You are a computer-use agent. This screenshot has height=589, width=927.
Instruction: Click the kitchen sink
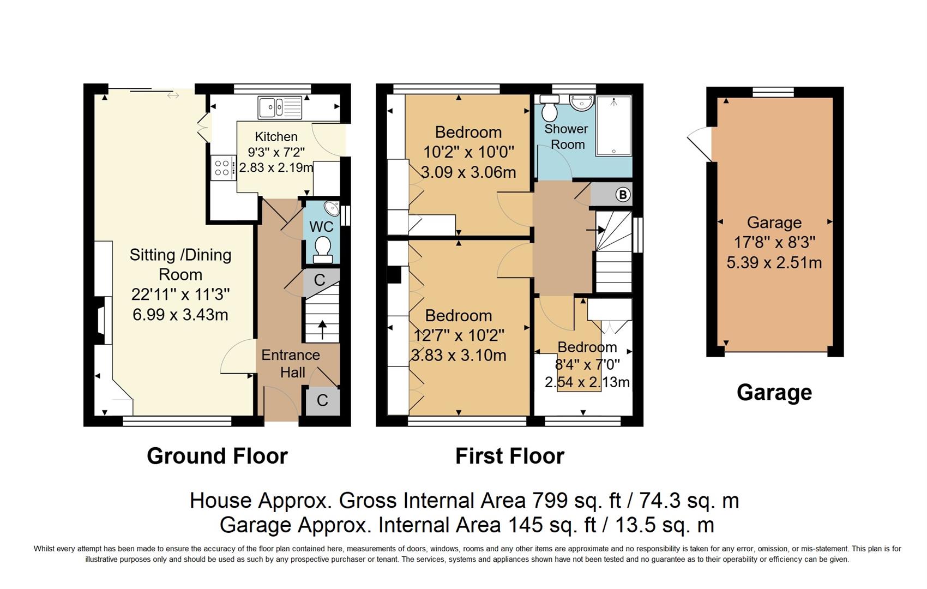[280, 107]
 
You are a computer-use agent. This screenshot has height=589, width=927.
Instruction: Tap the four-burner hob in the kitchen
[223, 167]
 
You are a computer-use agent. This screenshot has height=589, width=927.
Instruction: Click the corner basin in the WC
[332, 209]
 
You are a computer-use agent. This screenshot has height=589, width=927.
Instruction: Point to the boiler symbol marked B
[622, 195]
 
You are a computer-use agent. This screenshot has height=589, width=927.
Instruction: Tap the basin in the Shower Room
[582, 103]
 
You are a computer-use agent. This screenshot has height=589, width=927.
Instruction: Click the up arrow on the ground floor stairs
[322, 329]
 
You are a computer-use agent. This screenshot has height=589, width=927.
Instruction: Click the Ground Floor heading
[217, 456]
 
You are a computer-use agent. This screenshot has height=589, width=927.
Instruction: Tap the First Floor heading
[510, 456]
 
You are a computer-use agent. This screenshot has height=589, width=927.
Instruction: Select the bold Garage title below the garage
[774, 392]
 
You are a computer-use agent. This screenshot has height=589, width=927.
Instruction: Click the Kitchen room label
[276, 136]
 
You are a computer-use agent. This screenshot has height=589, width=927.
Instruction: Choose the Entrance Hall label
[291, 363]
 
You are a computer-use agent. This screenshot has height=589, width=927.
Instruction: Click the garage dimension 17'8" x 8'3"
[774, 242]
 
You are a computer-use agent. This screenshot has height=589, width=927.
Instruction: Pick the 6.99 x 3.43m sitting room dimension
[180, 315]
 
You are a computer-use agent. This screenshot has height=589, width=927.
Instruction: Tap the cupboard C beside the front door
[322, 400]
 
